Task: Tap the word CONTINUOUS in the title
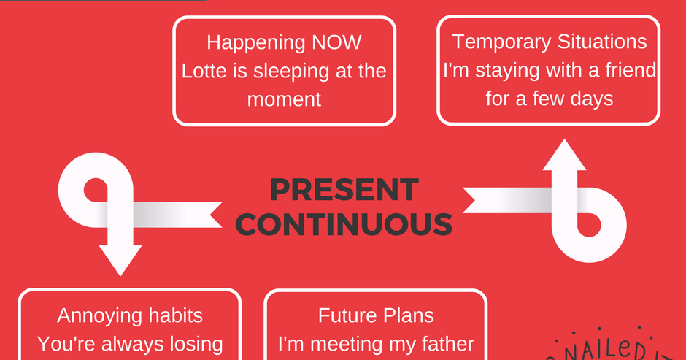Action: click(x=344, y=224)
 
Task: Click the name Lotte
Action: click(x=202, y=71)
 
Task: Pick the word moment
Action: click(x=284, y=99)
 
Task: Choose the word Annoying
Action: click(x=98, y=315)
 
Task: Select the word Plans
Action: click(x=409, y=315)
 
